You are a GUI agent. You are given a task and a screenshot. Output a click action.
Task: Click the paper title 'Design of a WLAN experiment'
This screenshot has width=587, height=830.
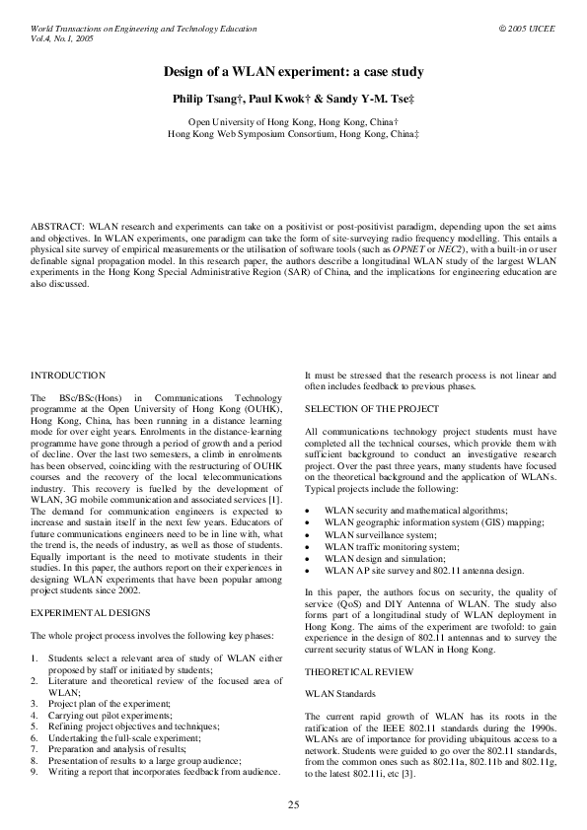293,72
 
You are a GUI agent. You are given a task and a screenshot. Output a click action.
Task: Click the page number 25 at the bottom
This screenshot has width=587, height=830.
293,804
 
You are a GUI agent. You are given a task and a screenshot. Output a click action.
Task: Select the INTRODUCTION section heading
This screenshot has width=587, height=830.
68,376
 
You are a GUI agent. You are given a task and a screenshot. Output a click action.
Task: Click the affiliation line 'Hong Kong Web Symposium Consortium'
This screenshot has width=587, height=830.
293,132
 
